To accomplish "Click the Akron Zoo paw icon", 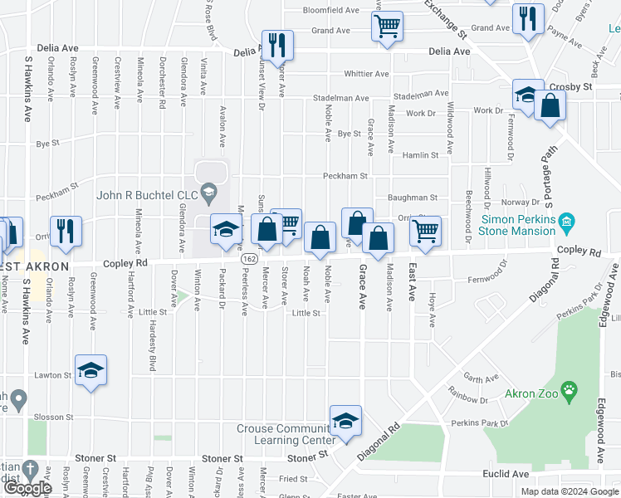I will pyautogui.click(x=569, y=391).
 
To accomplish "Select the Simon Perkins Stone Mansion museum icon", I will pyautogui.click(x=566, y=221).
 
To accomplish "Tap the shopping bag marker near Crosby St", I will pyautogui.click(x=550, y=105).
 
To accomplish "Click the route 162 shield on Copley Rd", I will pyautogui.click(x=249, y=260).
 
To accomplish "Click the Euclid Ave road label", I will pyautogui.click(x=507, y=474).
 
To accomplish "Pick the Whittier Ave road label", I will pyautogui.click(x=367, y=74).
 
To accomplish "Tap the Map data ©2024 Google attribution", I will pyautogui.click(x=569, y=491).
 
